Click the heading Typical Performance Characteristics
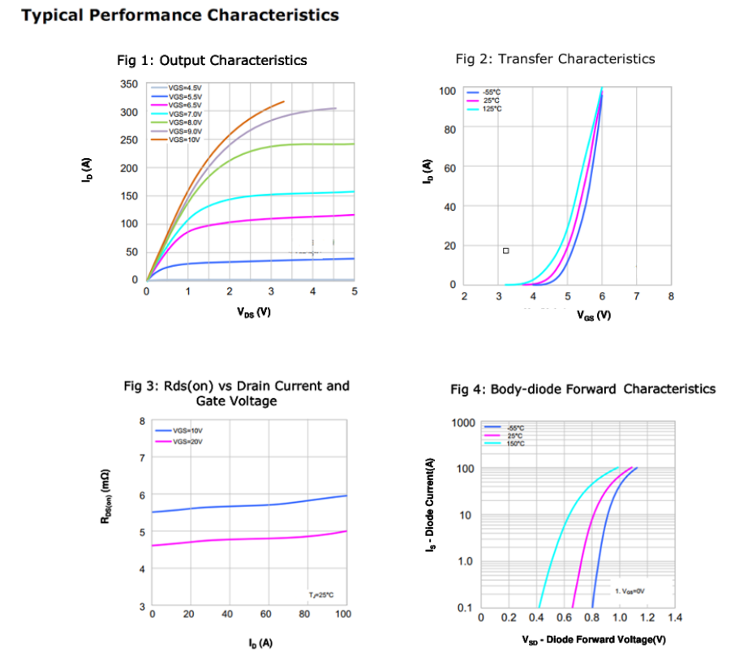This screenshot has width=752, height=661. (x=180, y=15)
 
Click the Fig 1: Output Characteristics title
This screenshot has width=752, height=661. (x=213, y=60)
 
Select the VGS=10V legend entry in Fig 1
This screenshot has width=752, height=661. (x=184, y=139)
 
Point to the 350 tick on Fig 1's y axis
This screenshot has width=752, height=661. (x=128, y=84)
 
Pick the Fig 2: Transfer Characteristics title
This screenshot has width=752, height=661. (x=555, y=58)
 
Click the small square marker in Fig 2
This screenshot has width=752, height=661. (x=505, y=251)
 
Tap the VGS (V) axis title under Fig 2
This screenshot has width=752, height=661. (x=594, y=315)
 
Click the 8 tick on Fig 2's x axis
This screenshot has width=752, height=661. (x=671, y=297)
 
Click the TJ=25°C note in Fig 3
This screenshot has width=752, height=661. (x=320, y=595)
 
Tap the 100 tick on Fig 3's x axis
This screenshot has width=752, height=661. (x=343, y=615)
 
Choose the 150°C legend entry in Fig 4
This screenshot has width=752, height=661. (x=514, y=444)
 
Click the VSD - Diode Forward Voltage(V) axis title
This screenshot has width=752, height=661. (x=595, y=640)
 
